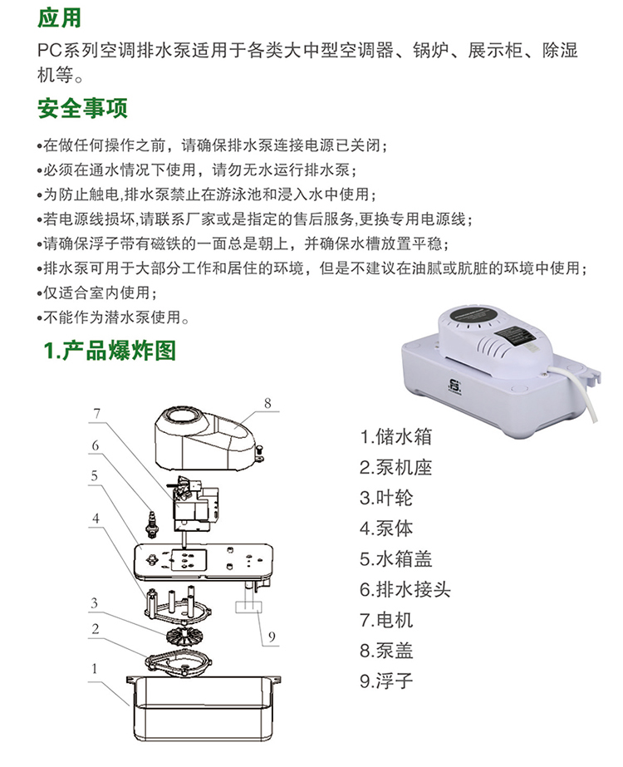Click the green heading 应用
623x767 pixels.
point(59,17)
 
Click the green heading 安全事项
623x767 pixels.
point(82,108)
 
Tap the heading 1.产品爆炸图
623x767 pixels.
point(110,350)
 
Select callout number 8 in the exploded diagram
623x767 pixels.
point(267,403)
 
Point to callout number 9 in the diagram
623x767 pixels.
point(272,637)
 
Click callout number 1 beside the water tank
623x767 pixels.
point(95,668)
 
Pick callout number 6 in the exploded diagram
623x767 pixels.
point(96,445)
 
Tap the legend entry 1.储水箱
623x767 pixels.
point(395,436)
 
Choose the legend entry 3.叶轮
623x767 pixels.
point(386,498)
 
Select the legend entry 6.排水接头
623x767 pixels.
point(405,589)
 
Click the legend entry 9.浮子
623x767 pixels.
point(386,681)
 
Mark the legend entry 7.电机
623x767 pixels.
point(386,620)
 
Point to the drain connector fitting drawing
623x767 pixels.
point(152,525)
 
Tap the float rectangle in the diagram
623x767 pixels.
point(248,607)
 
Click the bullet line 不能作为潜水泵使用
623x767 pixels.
point(114,317)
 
